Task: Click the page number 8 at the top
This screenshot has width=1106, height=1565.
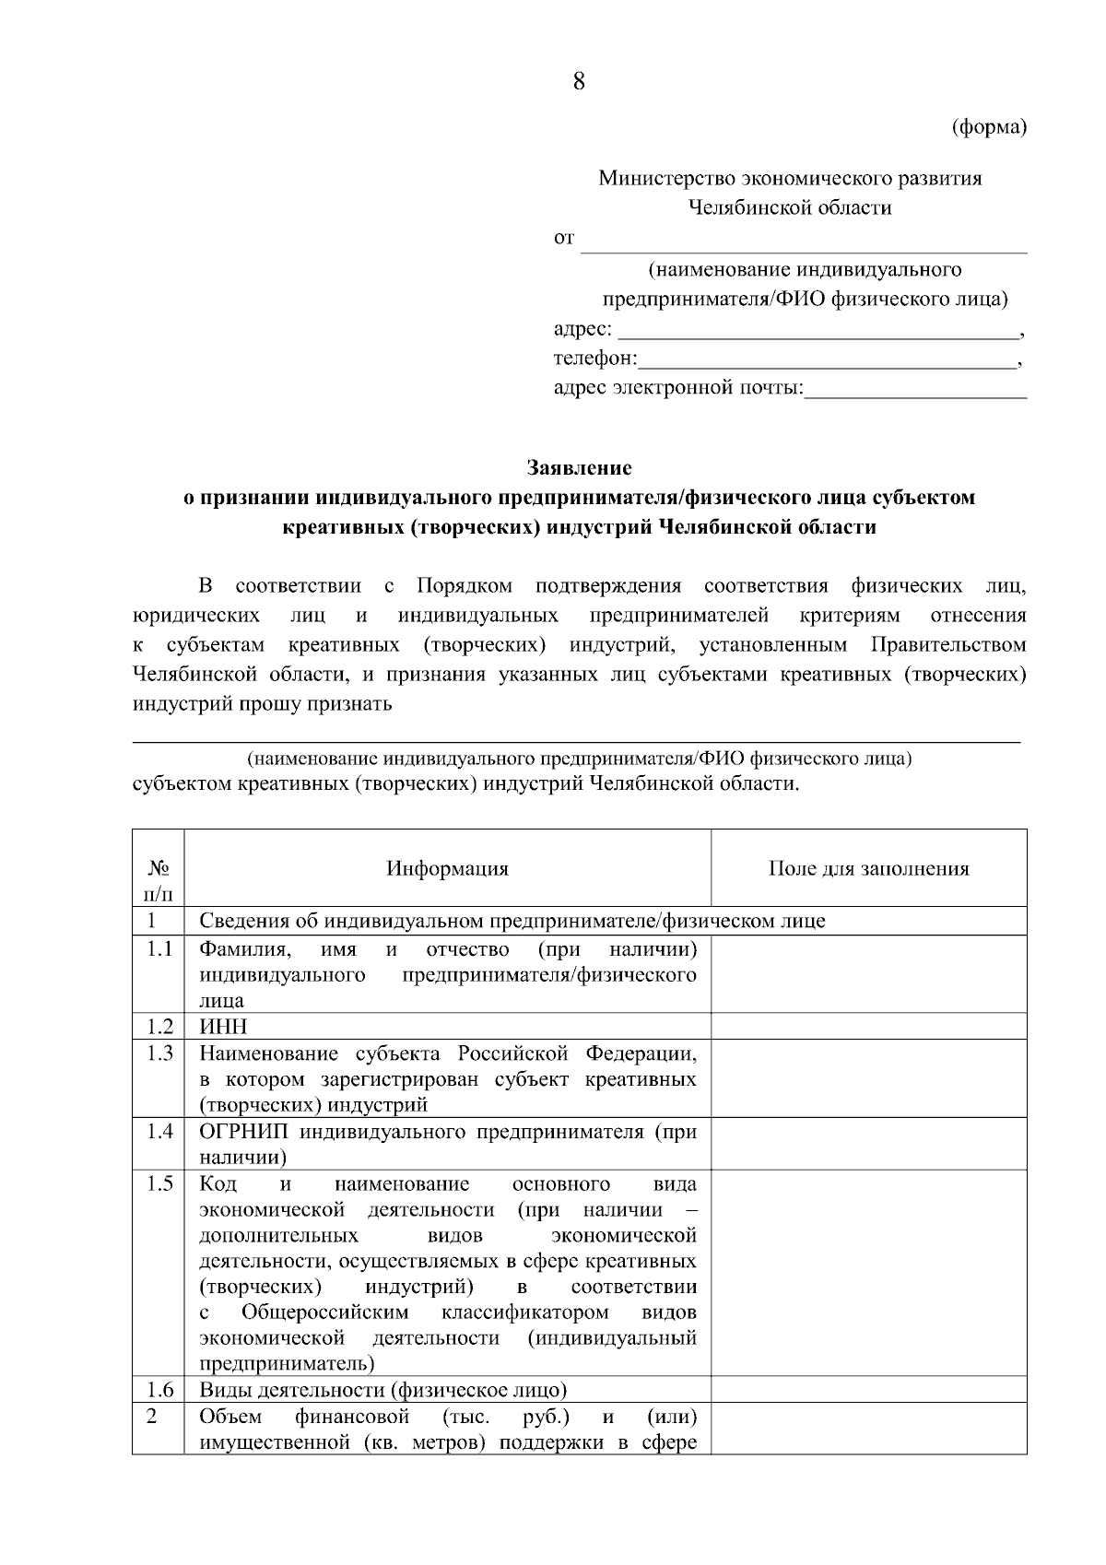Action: [x=579, y=82]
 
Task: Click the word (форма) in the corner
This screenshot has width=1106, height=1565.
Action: [x=988, y=127]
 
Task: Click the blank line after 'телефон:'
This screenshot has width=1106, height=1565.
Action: [x=827, y=359]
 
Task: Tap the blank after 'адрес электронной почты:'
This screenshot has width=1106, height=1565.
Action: [x=915, y=390]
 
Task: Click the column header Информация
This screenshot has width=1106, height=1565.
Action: [x=447, y=868]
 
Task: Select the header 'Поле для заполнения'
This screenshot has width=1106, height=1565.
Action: [x=868, y=868]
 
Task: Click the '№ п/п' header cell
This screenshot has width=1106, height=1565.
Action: [x=158, y=880]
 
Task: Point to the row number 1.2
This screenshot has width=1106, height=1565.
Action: [x=159, y=1027]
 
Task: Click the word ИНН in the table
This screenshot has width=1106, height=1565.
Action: [x=223, y=1027]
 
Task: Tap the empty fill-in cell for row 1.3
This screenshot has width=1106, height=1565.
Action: [x=868, y=1078]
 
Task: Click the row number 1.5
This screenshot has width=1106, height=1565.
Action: [x=159, y=1184]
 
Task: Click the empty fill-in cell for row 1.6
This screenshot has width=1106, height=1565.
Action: [x=868, y=1389]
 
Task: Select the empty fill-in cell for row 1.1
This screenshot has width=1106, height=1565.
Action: [x=868, y=974]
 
